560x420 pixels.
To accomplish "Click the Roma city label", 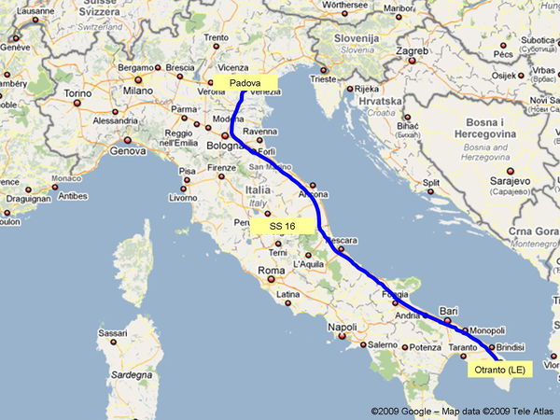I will (x=270, y=272).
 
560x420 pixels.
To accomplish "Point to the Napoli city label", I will (x=343, y=327).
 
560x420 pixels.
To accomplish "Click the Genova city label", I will (x=128, y=149).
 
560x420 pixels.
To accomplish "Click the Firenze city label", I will (x=222, y=168).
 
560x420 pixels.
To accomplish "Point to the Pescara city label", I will (x=343, y=241).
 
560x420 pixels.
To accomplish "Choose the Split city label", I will (x=431, y=182).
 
